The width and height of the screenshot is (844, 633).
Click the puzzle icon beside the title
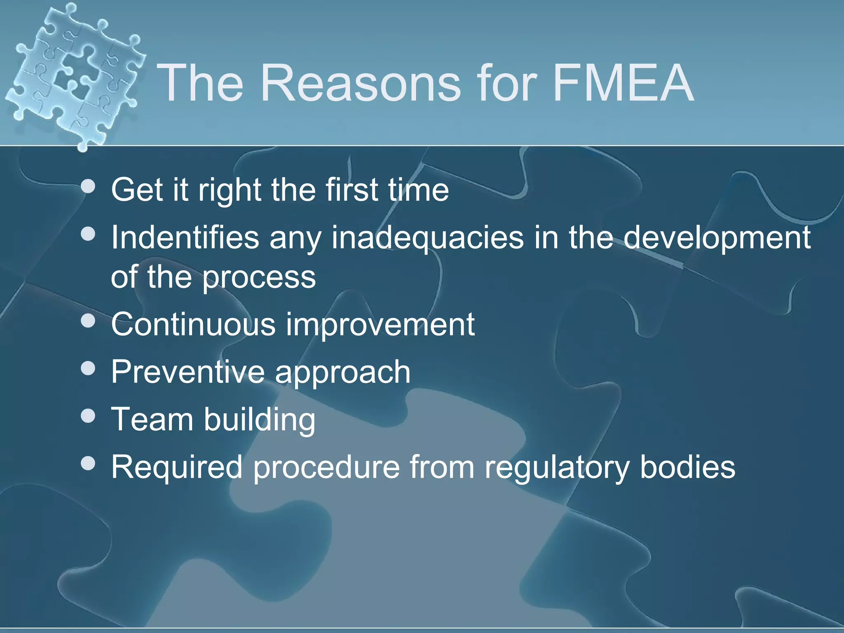click(74, 74)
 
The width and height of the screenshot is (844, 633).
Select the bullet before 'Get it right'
click(88, 187)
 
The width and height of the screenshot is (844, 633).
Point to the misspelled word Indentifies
click(185, 238)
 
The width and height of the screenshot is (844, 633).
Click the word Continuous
click(193, 324)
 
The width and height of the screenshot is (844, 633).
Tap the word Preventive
click(188, 372)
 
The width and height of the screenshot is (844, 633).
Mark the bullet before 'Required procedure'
click(88, 464)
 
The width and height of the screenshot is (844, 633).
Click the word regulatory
click(557, 468)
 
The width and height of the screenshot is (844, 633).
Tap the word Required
click(177, 468)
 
